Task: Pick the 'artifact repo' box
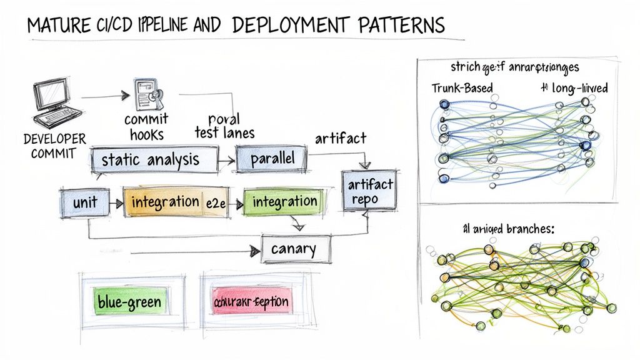370,191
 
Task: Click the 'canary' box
294,249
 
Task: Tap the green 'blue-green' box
129,302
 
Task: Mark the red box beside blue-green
251,302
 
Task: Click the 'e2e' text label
215,202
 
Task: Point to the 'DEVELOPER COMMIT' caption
54,146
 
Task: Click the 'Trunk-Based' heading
462,87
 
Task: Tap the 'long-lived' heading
579,88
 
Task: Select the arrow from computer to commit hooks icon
103,97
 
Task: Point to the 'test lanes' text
225,132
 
